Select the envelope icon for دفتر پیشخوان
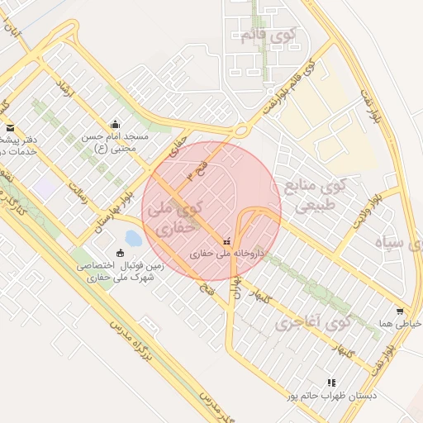pos(10,128)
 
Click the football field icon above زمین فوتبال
pos(121,253)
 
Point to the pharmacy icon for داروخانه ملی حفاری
pos(226,241)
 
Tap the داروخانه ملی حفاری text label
pos(227,254)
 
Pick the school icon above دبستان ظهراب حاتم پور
pos(331,383)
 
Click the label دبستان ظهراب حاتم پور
pos(331,397)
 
